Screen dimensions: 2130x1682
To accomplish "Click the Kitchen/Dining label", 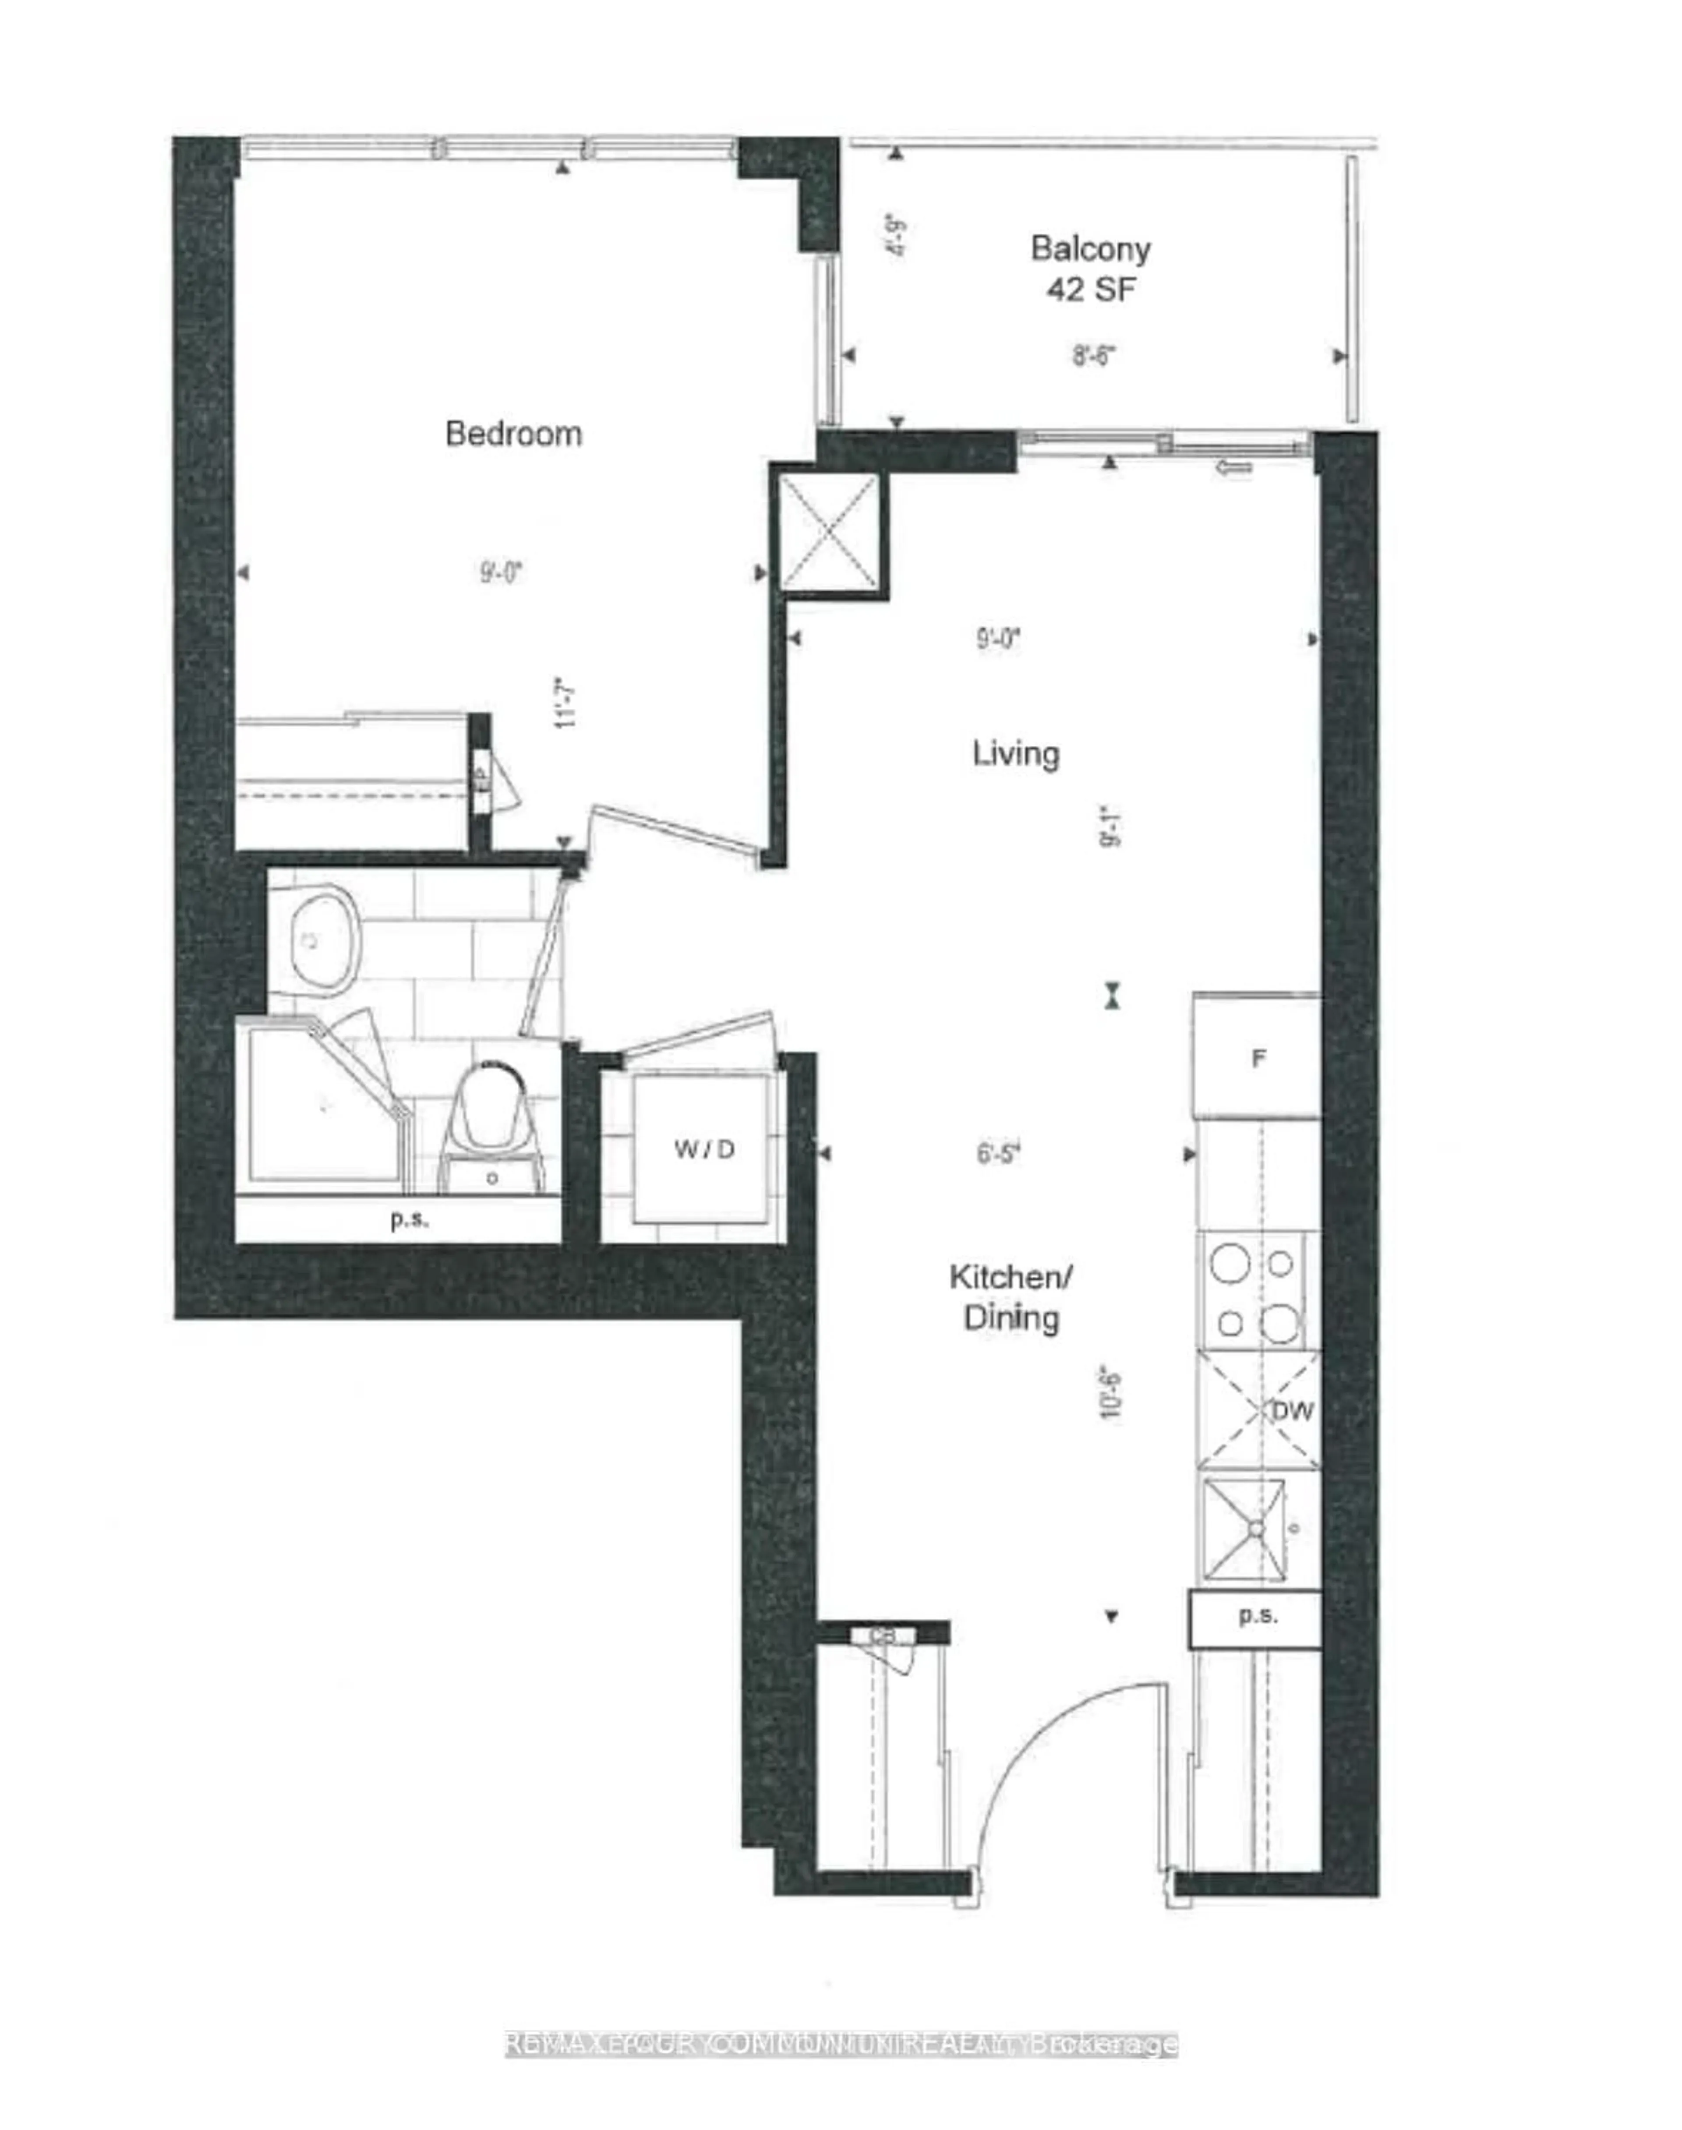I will pyautogui.click(x=1011, y=1297).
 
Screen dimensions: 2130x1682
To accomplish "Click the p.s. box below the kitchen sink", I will pyautogui.click(x=1257, y=1615).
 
